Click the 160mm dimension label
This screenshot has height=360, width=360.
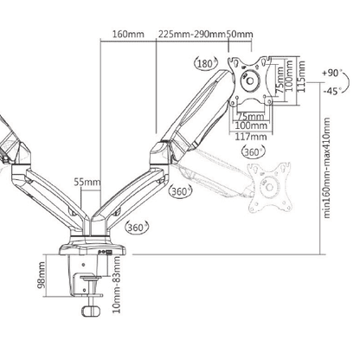129,35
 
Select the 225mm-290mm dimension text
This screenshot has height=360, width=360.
191,35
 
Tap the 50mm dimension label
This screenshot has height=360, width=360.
240,35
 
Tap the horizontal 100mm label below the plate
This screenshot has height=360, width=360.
250,124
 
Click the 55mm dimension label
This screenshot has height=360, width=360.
86,183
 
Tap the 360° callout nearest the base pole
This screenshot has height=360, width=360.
134,227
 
